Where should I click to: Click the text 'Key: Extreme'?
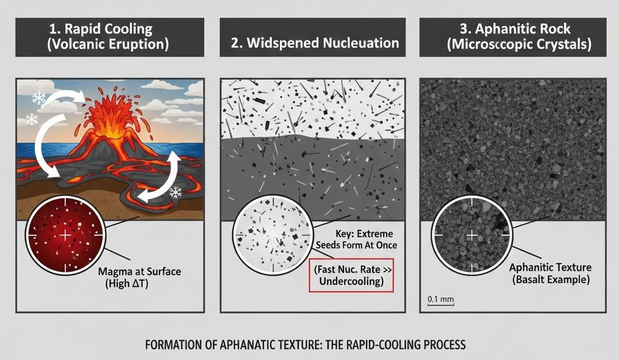354,233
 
